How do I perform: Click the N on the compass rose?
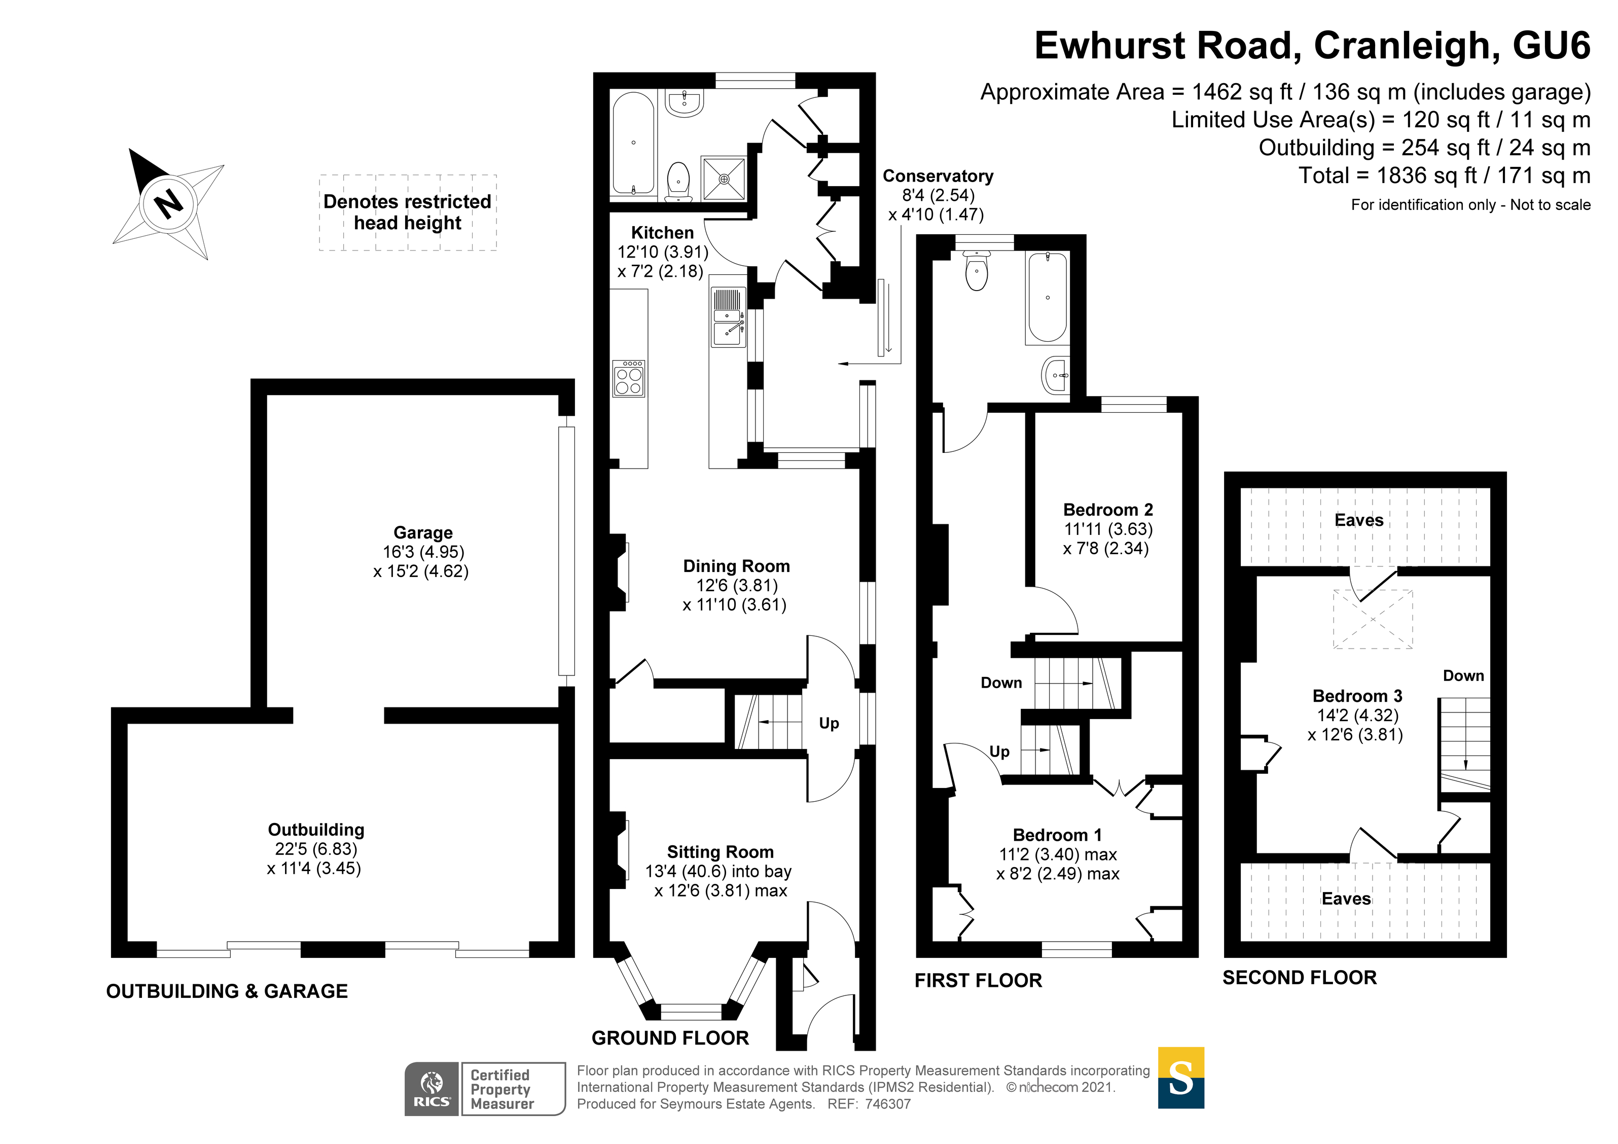(x=168, y=204)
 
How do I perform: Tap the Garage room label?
(x=423, y=533)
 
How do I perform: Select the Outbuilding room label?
(x=316, y=830)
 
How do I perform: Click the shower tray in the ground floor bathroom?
(x=724, y=179)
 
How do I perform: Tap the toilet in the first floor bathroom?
(x=977, y=271)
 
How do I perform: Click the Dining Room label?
(x=736, y=566)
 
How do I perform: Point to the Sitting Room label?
(x=720, y=852)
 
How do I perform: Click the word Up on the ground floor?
(x=829, y=723)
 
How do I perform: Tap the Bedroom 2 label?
(x=1108, y=510)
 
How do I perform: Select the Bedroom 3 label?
(x=1357, y=696)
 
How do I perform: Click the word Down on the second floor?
(x=1463, y=675)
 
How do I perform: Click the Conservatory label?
(x=938, y=176)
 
